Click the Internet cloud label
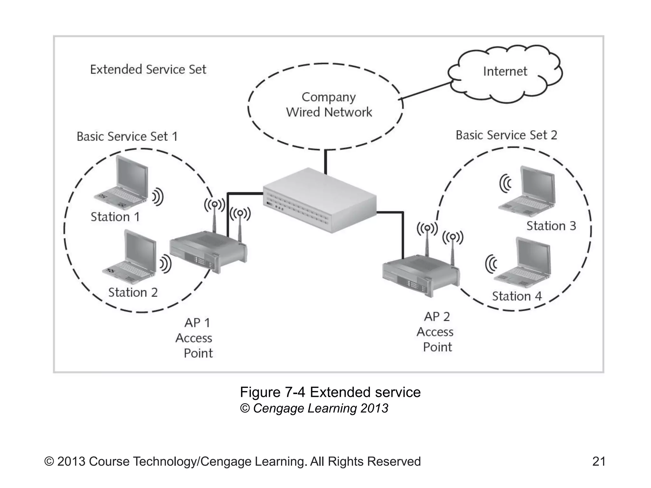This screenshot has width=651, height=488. click(x=505, y=71)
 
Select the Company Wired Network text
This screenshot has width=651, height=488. click(x=329, y=105)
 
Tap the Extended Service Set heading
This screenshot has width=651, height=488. click(x=148, y=69)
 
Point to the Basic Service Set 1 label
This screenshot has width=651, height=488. click(x=127, y=136)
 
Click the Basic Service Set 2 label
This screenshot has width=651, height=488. click(x=506, y=135)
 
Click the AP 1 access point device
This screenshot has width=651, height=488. click(x=208, y=251)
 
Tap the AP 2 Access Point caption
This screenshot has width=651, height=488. click(x=436, y=332)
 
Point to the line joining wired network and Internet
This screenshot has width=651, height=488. click(x=426, y=91)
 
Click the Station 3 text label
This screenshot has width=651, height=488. click(x=551, y=226)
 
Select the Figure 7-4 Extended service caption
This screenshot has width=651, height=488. click(x=330, y=392)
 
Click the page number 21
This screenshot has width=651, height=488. click(x=599, y=461)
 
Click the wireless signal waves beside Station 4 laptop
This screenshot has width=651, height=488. click(x=491, y=264)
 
